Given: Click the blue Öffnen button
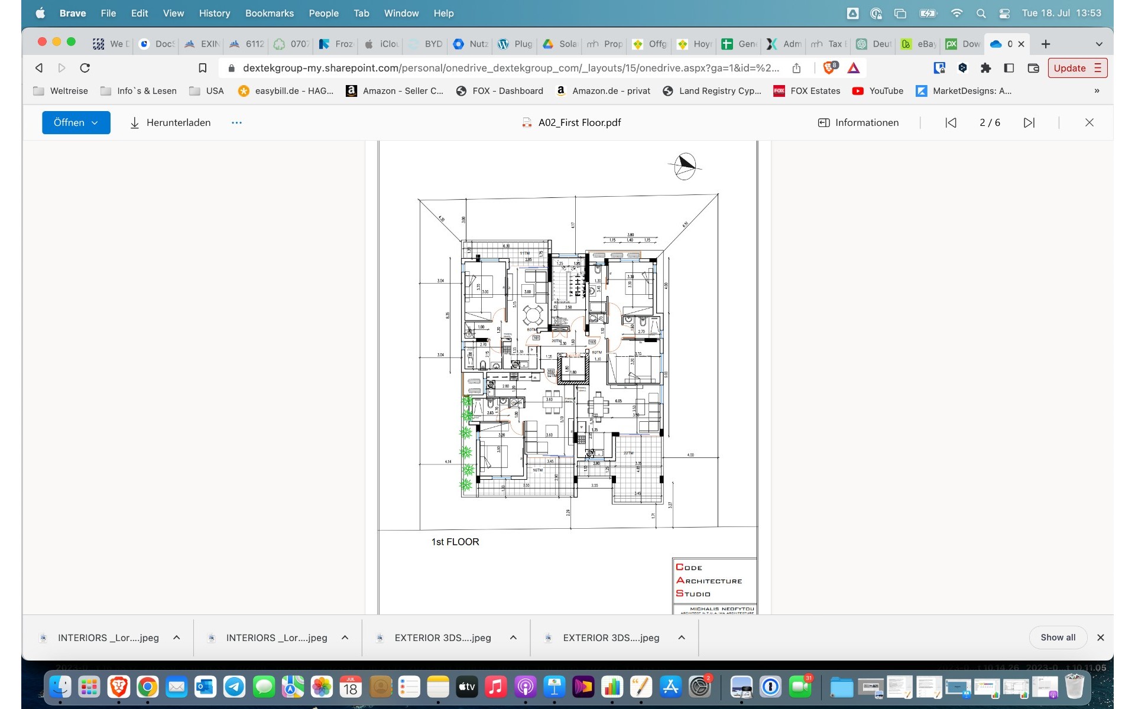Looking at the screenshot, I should pyautogui.click(x=76, y=122).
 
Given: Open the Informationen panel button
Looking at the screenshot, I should pyautogui.click(x=858, y=122).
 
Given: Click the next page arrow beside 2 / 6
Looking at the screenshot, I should pyautogui.click(x=1029, y=122).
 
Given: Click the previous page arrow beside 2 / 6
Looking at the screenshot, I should pyautogui.click(x=951, y=122).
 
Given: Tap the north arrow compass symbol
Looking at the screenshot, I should pyautogui.click(x=685, y=166).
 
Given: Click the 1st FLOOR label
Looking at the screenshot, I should pyautogui.click(x=455, y=542).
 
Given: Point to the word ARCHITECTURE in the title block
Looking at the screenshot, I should pyautogui.click(x=709, y=581).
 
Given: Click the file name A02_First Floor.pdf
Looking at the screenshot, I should pyautogui.click(x=579, y=122).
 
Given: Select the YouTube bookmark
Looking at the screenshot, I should pyautogui.click(x=878, y=90).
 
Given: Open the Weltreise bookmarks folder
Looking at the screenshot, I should pyautogui.click(x=61, y=90).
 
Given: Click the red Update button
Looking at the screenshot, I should pyautogui.click(x=1077, y=68).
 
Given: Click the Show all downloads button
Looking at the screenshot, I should pyautogui.click(x=1058, y=638).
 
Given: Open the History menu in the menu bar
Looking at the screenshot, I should pyautogui.click(x=214, y=13).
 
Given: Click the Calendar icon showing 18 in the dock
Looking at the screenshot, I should pyautogui.click(x=351, y=687).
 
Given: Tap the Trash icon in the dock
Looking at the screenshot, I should pyautogui.click(x=1074, y=687).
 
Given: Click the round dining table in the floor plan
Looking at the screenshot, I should pyautogui.click(x=533, y=315).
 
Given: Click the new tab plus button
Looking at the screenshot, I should pyautogui.click(x=1046, y=44).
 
